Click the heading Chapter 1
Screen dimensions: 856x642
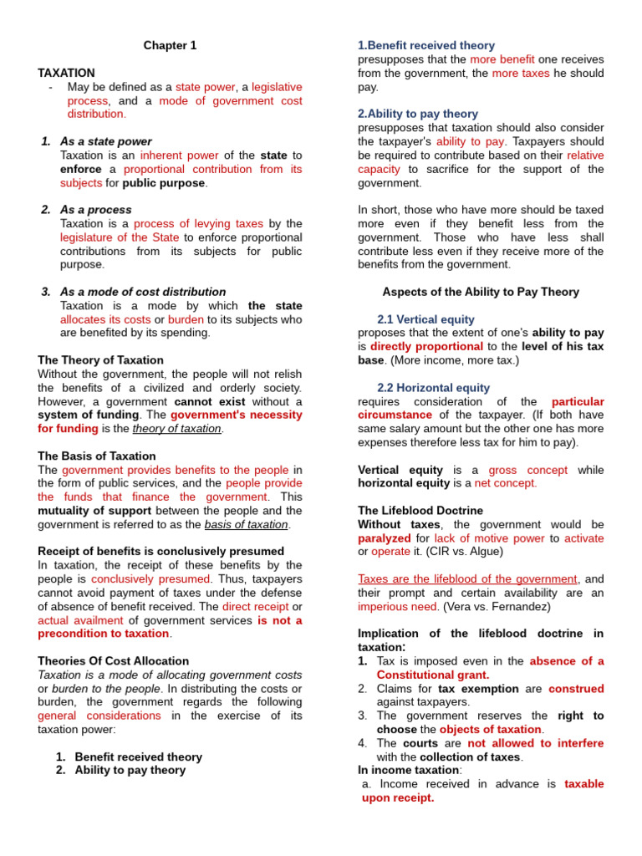170,46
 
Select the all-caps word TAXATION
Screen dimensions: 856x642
67,74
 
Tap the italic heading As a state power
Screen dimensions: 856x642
105,141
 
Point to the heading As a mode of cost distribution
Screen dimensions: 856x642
143,292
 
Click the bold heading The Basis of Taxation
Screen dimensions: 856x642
97,456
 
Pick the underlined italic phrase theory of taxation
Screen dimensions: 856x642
177,429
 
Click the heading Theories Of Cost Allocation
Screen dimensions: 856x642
101,660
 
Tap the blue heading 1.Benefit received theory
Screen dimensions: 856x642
426,45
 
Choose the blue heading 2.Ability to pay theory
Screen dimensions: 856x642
418,114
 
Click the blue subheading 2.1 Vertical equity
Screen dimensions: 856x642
425,319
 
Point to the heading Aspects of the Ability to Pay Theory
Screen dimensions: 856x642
481,292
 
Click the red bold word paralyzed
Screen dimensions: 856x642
385,538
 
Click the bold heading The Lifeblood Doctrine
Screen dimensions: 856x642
420,510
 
